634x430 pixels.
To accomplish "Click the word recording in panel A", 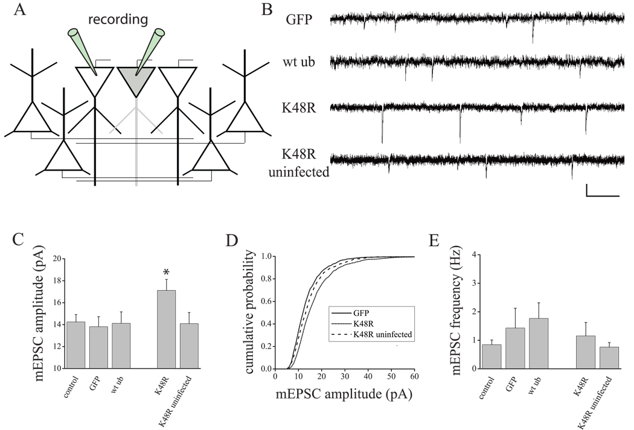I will coord(120,20).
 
